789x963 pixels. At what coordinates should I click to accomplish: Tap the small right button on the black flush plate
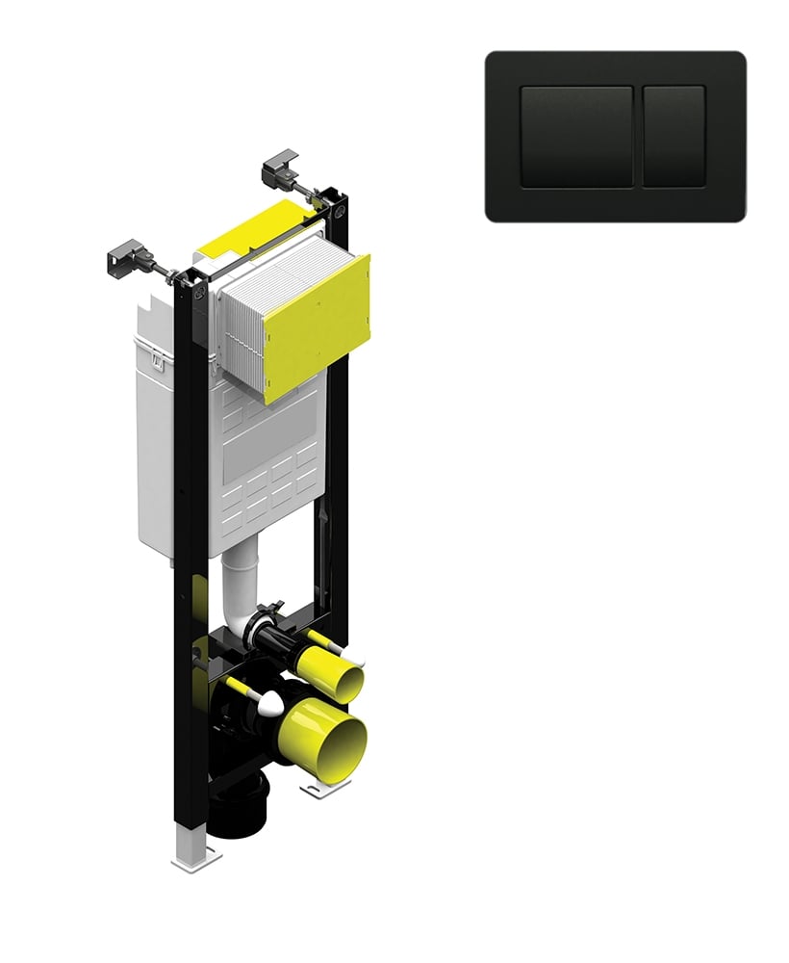point(674,136)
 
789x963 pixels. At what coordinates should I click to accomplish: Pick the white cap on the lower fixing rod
point(270,703)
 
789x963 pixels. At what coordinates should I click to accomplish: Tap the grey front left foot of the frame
point(194,852)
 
